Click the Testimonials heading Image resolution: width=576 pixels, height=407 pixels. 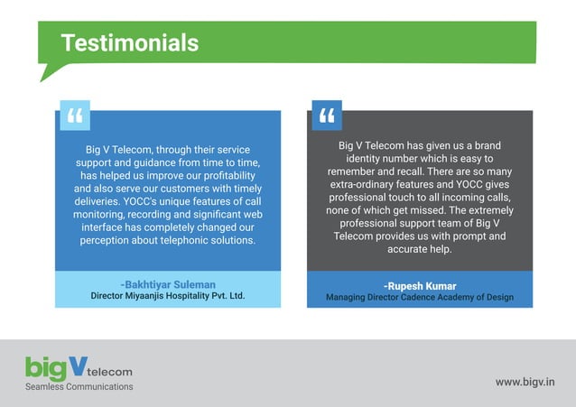129,42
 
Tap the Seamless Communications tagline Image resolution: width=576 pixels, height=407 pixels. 79,386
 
